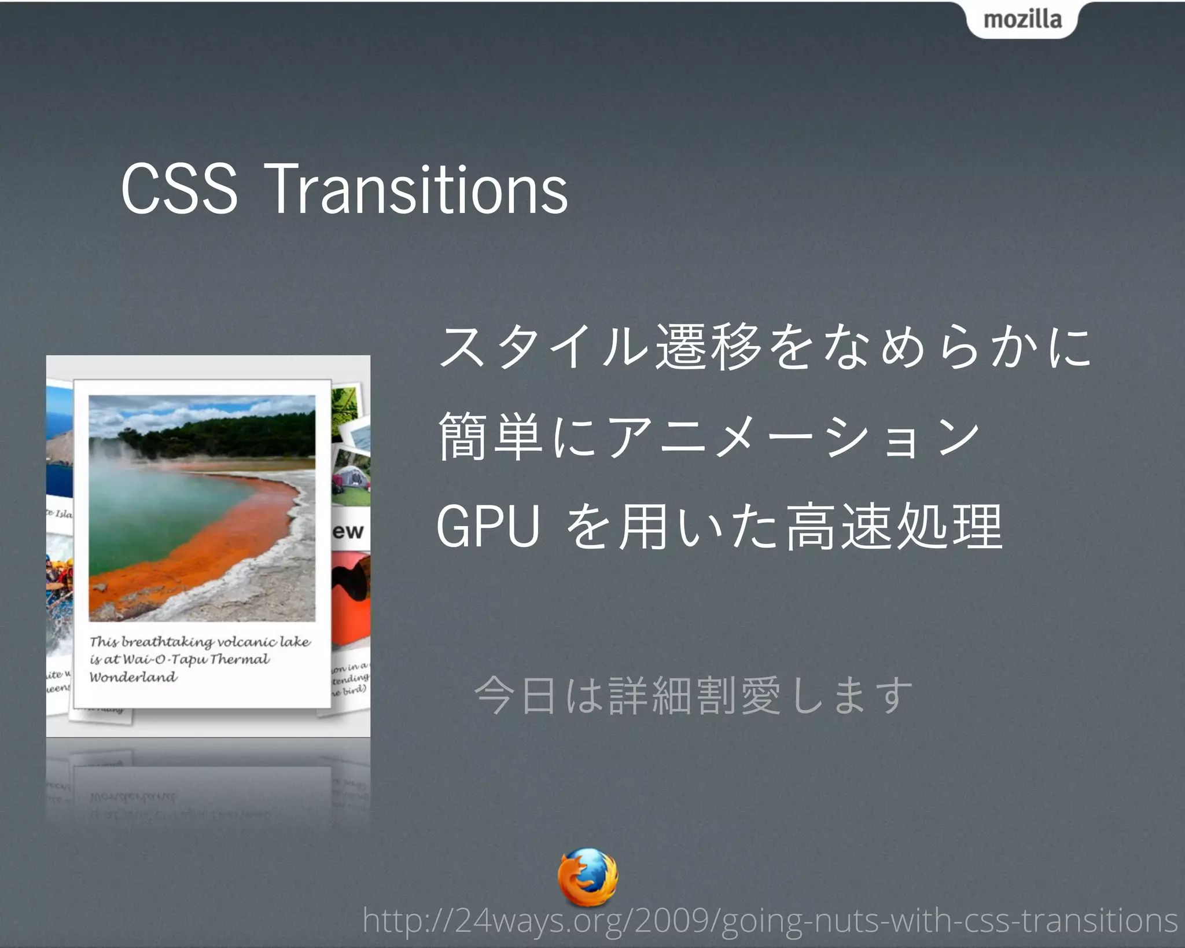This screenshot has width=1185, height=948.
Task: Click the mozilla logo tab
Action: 1022,20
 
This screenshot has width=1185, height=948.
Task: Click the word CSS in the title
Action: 179,189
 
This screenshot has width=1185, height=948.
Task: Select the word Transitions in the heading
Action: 418,189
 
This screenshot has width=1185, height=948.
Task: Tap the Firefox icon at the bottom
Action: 587,877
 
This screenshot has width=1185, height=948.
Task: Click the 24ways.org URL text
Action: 770,920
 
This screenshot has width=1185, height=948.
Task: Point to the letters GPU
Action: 488,527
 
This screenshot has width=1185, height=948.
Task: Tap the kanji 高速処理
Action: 894,527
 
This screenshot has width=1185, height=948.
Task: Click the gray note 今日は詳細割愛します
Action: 693,696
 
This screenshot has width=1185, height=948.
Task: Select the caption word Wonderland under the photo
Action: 133,677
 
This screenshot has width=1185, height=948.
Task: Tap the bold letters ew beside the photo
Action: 348,531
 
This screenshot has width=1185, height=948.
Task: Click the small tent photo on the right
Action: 351,483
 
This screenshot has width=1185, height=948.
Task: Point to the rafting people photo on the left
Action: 60,579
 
